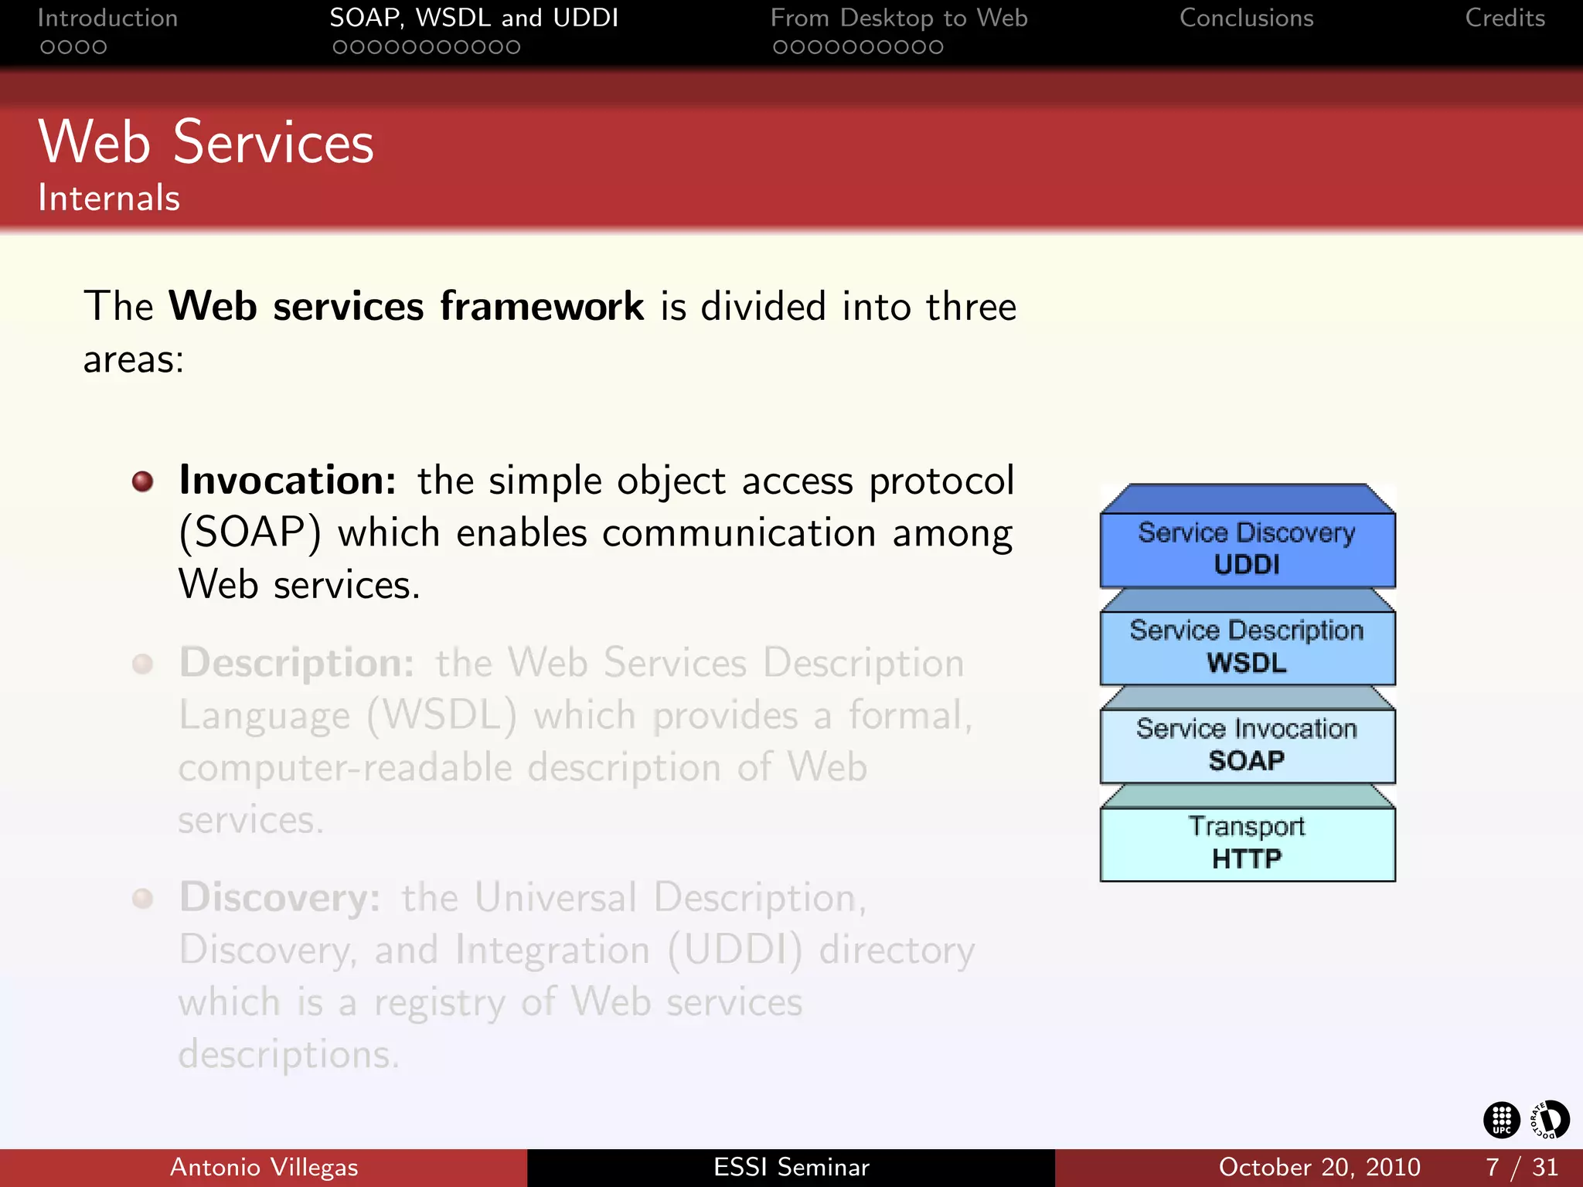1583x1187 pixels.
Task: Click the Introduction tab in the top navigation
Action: (107, 18)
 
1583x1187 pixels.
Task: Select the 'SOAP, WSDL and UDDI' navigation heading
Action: (474, 18)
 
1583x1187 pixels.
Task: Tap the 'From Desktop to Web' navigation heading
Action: (898, 18)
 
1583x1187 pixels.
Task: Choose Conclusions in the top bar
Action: (1246, 18)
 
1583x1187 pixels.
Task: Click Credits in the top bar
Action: (1504, 18)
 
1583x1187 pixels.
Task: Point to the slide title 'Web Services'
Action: (206, 143)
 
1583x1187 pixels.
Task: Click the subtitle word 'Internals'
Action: (109, 198)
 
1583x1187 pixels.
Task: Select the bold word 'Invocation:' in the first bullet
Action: (288, 481)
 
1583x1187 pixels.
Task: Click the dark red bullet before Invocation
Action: (142, 481)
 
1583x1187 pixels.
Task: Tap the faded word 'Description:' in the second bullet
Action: (297, 663)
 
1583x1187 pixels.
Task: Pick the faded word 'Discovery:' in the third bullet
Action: (280, 898)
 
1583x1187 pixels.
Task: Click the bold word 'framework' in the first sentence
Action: (542, 306)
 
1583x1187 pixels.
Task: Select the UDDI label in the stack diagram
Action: (1246, 565)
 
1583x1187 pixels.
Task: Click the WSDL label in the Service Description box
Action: (1246, 663)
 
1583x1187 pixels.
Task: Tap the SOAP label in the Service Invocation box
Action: (1246, 761)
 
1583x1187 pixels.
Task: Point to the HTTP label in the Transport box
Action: (1246, 859)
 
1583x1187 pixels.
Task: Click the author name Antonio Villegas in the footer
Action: (264, 1167)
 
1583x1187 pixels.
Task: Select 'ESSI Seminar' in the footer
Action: (791, 1167)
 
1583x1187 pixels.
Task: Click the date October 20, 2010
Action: (1319, 1167)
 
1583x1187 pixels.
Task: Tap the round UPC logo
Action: (1501, 1120)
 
